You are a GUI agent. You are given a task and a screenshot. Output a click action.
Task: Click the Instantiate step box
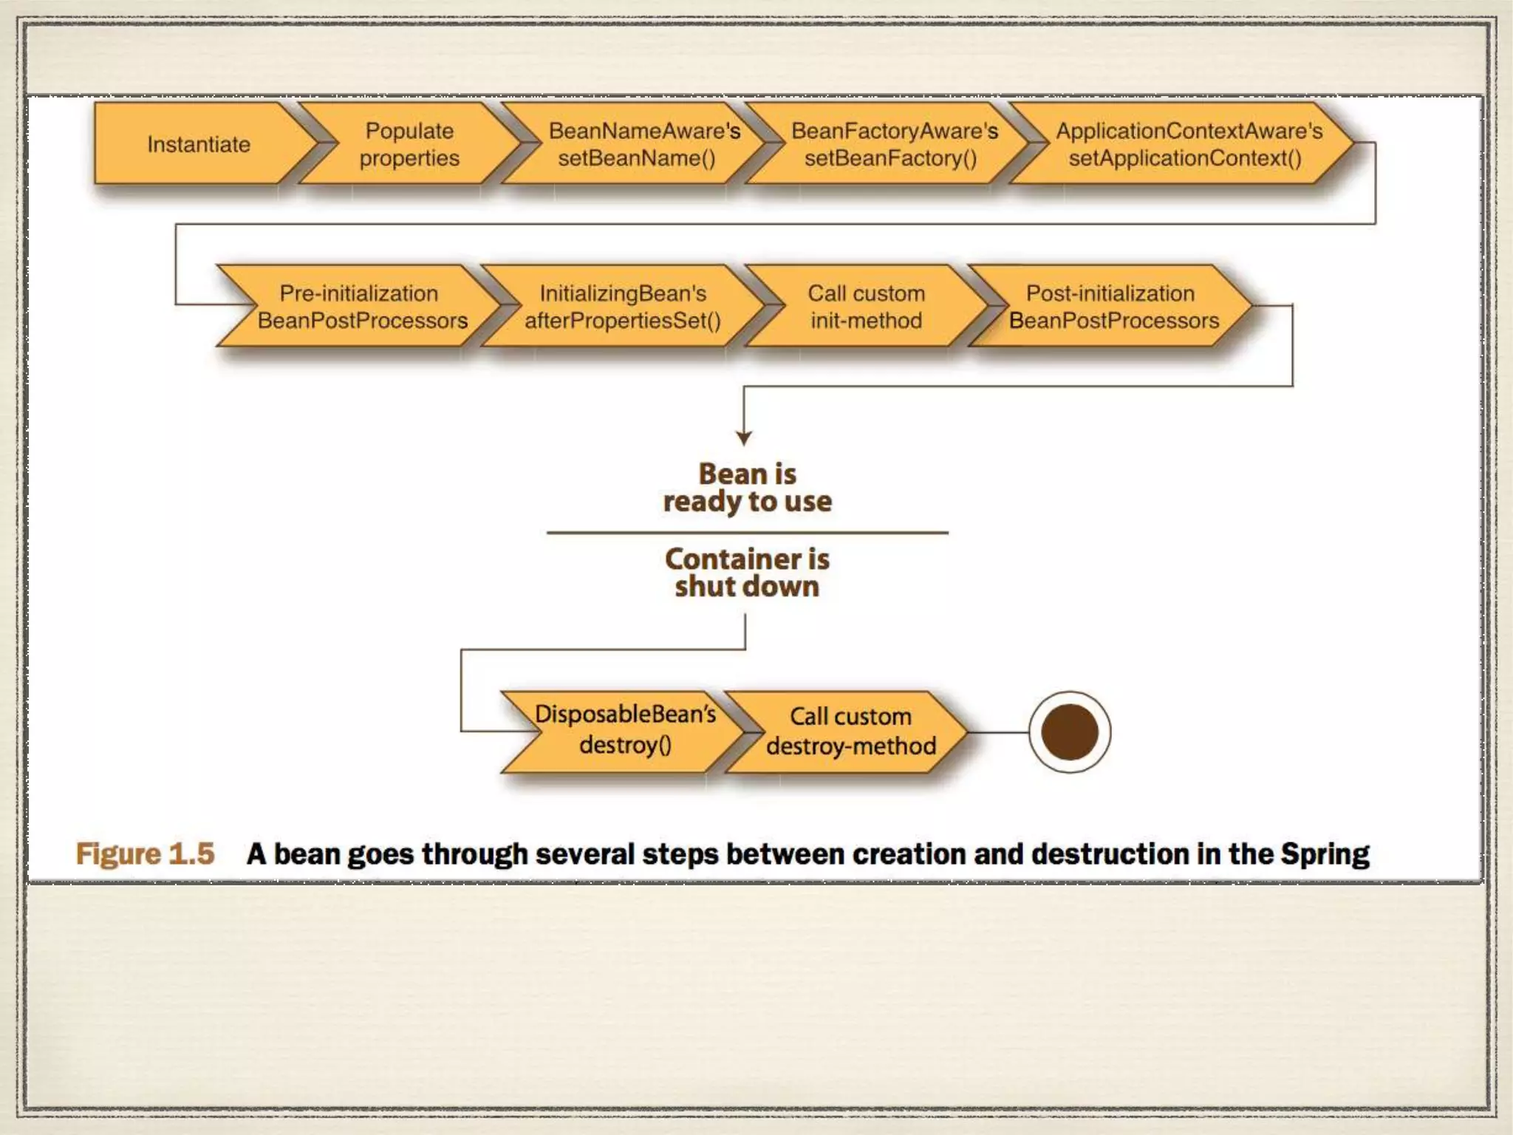click(198, 144)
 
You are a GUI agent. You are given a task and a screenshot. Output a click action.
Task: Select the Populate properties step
click(409, 144)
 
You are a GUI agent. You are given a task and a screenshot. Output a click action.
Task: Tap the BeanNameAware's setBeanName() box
click(639, 144)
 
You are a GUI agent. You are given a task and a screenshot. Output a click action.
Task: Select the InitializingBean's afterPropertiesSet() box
click(623, 307)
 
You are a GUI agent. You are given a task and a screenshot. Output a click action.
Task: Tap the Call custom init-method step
click(866, 307)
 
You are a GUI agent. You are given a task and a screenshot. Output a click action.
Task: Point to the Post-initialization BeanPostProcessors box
click(1113, 307)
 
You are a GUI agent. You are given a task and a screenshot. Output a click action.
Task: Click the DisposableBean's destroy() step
click(625, 730)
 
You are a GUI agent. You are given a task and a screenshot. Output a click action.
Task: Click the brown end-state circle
click(1069, 732)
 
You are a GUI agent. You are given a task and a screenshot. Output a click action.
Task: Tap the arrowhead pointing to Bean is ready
click(744, 437)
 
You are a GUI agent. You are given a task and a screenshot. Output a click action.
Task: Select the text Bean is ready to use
click(747, 488)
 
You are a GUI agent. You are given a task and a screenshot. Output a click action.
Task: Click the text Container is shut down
click(747, 573)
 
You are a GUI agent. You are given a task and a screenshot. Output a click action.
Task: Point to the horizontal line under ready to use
click(747, 532)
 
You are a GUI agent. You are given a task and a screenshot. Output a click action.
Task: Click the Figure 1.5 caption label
click(146, 853)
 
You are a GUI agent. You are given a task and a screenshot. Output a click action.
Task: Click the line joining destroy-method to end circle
click(997, 732)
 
